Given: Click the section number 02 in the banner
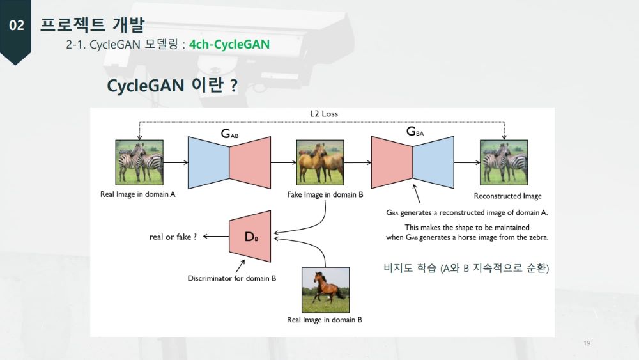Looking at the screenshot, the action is pyautogui.click(x=17, y=26).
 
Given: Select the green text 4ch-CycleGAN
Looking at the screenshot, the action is pyautogui.click(x=229, y=44).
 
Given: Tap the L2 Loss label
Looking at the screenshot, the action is pyautogui.click(x=324, y=114).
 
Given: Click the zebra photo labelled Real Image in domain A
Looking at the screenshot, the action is pyautogui.click(x=139, y=162).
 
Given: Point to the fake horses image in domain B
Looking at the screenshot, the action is pyautogui.click(x=320, y=162).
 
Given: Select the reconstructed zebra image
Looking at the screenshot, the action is pyautogui.click(x=504, y=162).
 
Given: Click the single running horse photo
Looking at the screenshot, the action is pyautogui.click(x=326, y=290).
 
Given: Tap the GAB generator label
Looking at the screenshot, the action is pyautogui.click(x=229, y=133).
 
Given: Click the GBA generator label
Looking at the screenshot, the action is pyautogui.click(x=415, y=131).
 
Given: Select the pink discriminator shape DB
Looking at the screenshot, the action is pyautogui.click(x=250, y=236).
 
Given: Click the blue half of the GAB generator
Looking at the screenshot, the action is pyautogui.click(x=209, y=162).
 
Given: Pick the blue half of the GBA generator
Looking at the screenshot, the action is pyautogui.click(x=433, y=162).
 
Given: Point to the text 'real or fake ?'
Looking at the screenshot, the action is pyautogui.click(x=173, y=237).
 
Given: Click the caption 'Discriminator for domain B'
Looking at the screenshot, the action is pyautogui.click(x=232, y=278).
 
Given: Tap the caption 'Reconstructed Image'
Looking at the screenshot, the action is pyautogui.click(x=508, y=196).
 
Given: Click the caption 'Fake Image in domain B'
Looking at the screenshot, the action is pyautogui.click(x=325, y=194).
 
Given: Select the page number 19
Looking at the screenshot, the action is pyautogui.click(x=587, y=343).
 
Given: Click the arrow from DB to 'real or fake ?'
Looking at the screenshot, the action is pyautogui.click(x=216, y=236).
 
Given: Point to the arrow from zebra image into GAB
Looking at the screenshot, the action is pyautogui.click(x=176, y=162).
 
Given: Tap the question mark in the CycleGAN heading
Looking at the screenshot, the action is pyautogui.click(x=233, y=86).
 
